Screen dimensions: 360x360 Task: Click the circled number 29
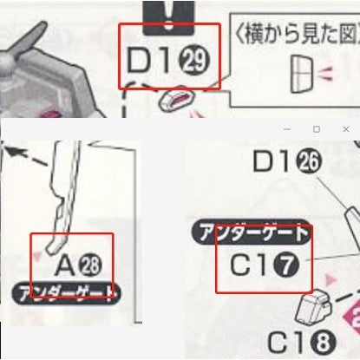196,62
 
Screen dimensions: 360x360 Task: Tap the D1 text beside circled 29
153,62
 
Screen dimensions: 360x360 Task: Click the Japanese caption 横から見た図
290,36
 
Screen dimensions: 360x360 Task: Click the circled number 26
309,161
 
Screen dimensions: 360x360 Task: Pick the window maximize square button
317,129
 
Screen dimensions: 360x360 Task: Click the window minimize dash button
287,129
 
